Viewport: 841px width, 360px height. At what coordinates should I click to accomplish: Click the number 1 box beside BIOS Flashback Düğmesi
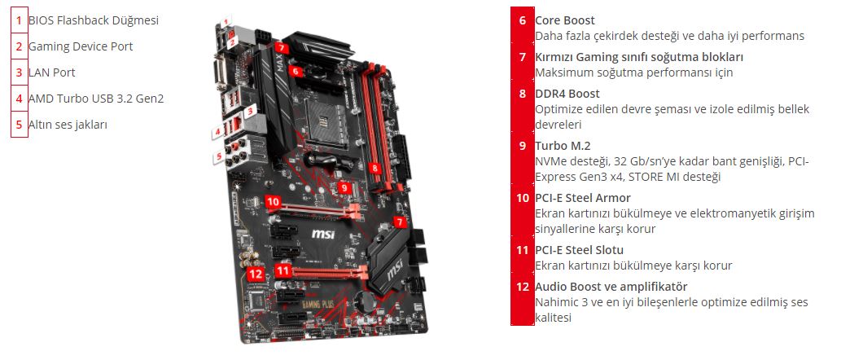click(20, 20)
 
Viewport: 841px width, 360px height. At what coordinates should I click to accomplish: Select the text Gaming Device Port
click(81, 46)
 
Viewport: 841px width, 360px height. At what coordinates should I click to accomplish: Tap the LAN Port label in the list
click(52, 72)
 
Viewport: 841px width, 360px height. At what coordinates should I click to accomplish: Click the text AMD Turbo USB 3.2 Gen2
click(96, 99)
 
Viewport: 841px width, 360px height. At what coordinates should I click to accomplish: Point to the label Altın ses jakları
click(68, 125)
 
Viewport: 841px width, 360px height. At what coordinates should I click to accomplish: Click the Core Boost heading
click(565, 20)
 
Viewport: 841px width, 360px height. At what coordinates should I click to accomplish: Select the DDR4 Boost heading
click(567, 94)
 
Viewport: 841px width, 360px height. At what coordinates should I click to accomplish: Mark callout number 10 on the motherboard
click(273, 202)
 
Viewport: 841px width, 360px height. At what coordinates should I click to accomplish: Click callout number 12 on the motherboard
click(256, 274)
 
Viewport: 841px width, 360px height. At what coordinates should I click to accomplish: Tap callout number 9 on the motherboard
click(344, 188)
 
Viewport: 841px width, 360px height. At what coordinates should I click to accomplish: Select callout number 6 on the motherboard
click(295, 70)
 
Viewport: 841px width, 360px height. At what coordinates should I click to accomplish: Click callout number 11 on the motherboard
click(283, 270)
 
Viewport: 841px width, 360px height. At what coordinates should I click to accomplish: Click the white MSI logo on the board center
click(323, 234)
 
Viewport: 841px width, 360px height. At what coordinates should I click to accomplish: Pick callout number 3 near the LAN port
click(249, 112)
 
